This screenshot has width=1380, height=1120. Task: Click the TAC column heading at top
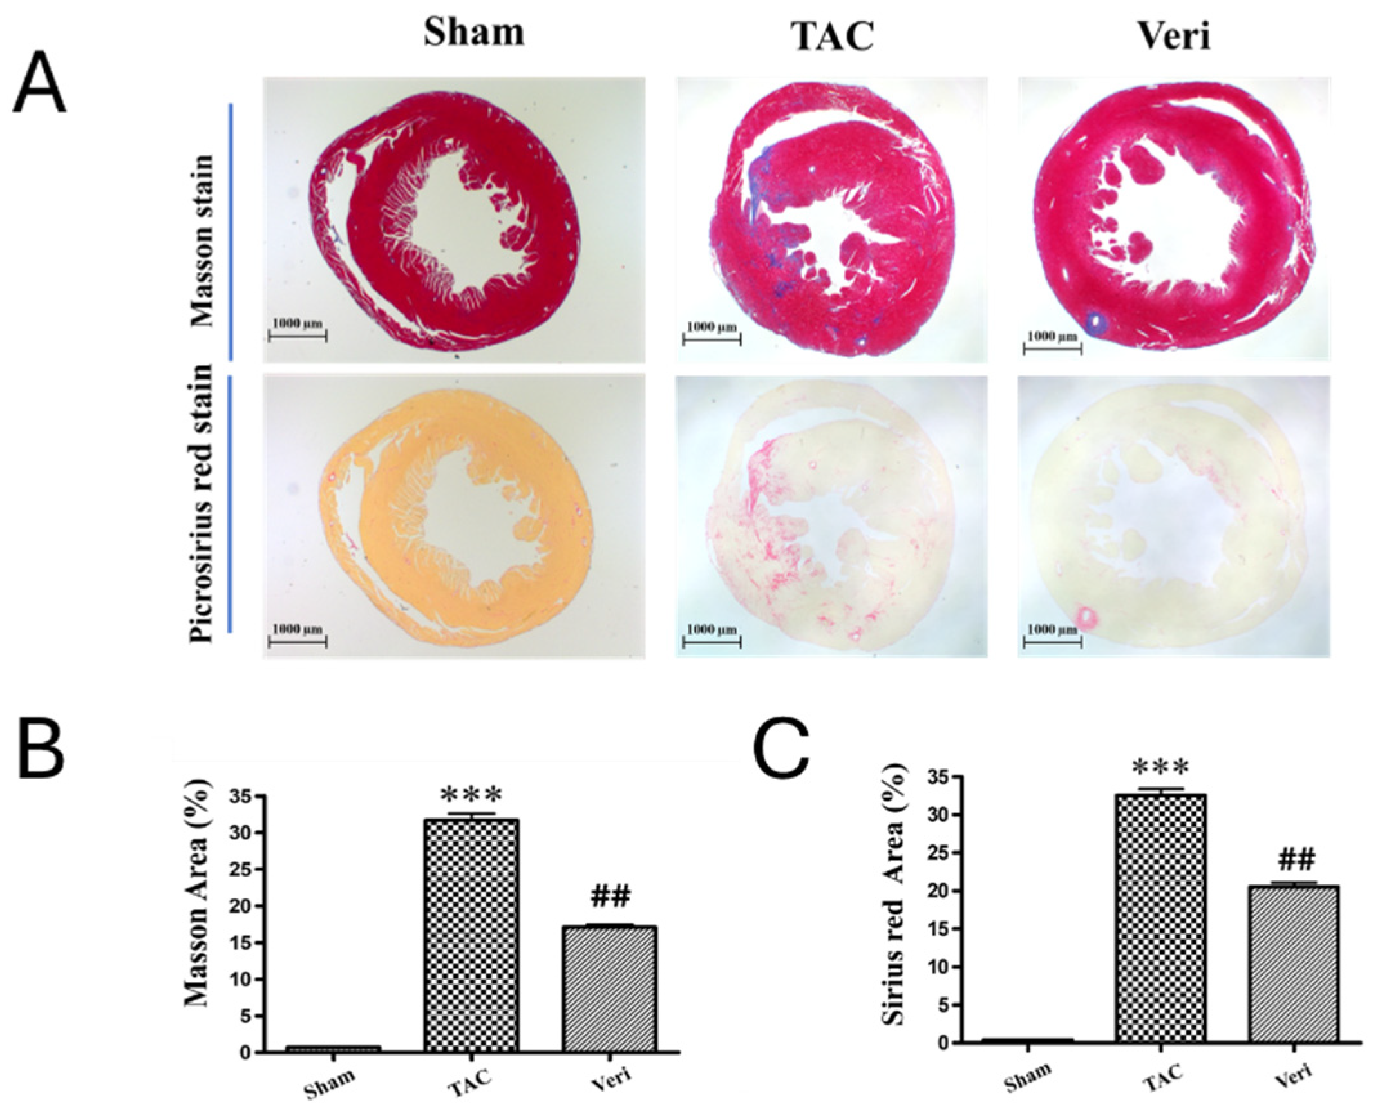coord(832,36)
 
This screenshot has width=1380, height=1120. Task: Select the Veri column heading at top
coord(1173,36)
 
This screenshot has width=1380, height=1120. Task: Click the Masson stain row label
coord(202,240)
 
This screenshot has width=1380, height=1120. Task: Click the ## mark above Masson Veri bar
coord(609,896)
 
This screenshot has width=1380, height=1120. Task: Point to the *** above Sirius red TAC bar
coord(1160,768)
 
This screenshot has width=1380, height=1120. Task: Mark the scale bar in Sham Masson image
coord(298,336)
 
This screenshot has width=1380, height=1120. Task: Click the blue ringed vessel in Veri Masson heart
coord(1094,323)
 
